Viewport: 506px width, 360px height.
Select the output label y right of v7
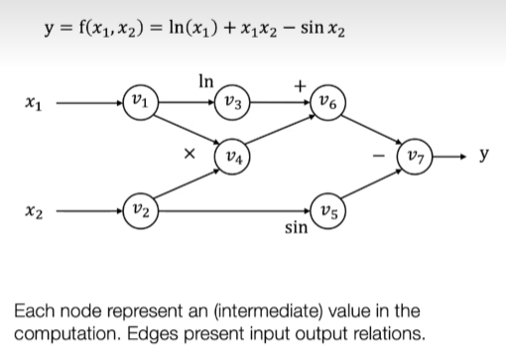483,156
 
